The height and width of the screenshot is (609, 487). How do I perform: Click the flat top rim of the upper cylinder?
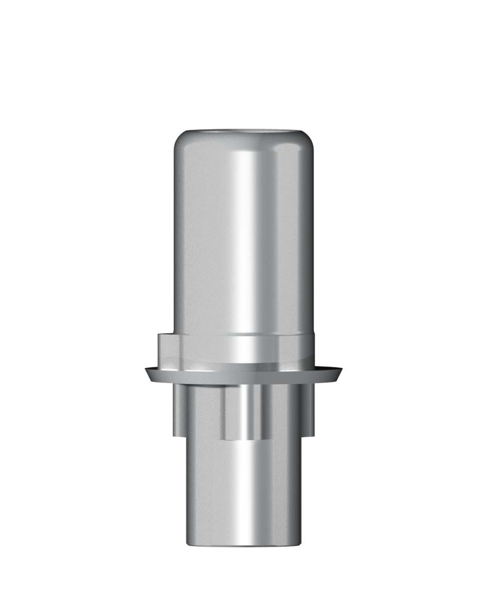[x=244, y=130]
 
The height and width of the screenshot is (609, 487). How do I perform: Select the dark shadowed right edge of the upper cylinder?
[x=309, y=238]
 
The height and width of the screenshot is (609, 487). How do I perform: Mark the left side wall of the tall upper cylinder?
[x=184, y=238]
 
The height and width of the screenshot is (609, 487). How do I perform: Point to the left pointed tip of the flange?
[x=146, y=372]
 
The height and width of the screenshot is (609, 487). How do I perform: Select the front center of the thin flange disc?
[x=244, y=377]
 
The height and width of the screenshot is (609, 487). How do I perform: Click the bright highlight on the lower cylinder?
[x=244, y=494]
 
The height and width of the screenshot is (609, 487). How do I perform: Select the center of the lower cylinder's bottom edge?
[x=244, y=545]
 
